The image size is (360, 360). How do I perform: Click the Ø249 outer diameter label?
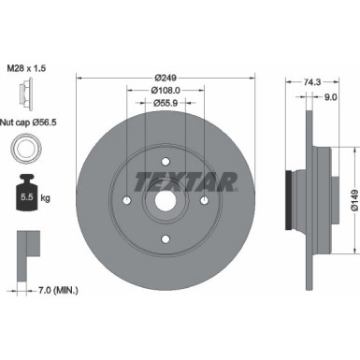coord(166,76)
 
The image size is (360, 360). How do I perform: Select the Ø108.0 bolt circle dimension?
coord(166,92)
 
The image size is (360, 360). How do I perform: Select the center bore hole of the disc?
coord(166,199)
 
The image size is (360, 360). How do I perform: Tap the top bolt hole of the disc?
coord(166,160)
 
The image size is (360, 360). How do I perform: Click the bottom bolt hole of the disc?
coord(166,238)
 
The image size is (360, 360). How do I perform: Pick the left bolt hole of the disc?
coord(126,199)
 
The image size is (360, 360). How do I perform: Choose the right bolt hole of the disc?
coord(205,199)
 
